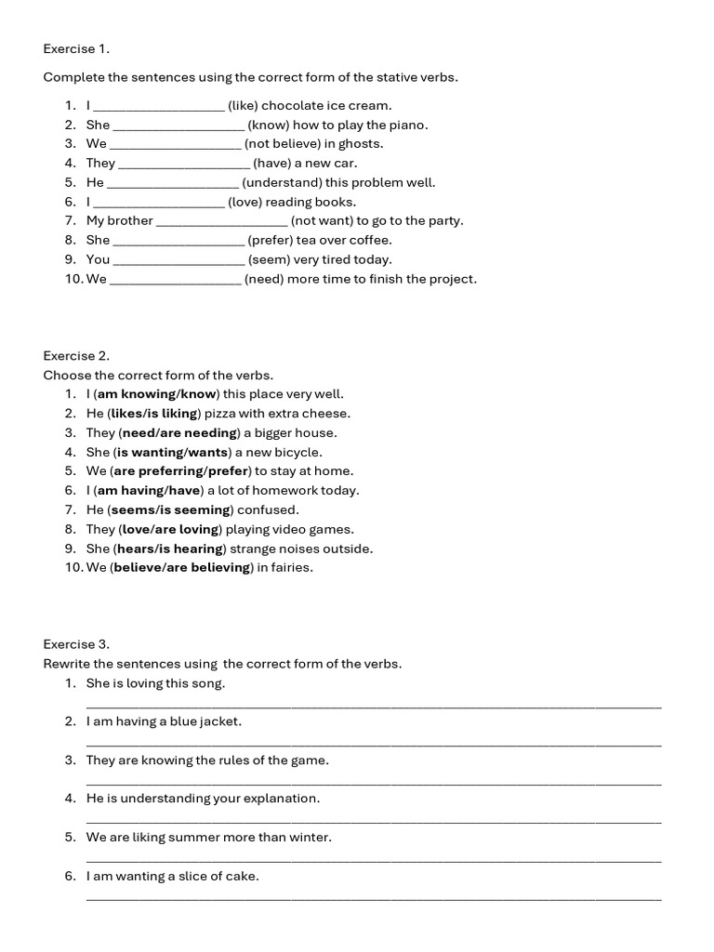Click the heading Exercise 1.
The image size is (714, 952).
coord(76,48)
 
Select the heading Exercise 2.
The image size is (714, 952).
coord(76,355)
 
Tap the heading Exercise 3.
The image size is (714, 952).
coord(76,643)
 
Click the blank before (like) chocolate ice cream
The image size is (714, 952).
coord(159,106)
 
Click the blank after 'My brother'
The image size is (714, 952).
coord(222,221)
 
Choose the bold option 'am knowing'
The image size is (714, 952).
coord(136,394)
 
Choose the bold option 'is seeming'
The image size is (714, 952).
coord(201,510)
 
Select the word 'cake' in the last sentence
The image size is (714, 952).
coord(243,876)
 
